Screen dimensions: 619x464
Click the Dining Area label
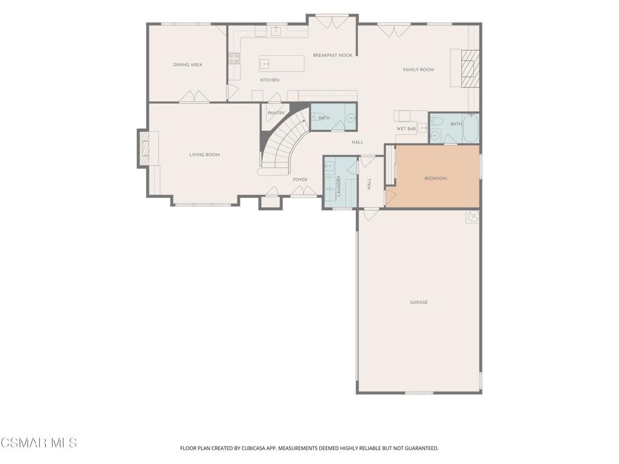coord(187,65)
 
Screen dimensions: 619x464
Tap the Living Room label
coord(204,155)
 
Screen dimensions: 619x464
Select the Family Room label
coord(418,69)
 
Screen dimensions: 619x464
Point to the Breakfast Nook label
coord(333,55)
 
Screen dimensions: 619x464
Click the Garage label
coord(419,302)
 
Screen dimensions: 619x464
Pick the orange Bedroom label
coord(436,178)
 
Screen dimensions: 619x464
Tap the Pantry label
coord(276,113)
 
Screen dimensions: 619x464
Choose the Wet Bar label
coord(406,129)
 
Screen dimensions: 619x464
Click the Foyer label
coord(300,179)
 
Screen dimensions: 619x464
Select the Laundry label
coord(339,186)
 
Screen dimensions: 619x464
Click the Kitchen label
coord(270,80)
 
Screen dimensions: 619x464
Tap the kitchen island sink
coord(265,63)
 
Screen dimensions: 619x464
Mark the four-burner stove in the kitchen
coord(234,59)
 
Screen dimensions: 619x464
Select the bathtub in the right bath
coord(470,128)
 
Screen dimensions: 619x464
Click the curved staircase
coord(284,142)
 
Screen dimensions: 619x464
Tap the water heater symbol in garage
coord(473,216)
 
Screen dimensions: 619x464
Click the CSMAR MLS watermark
coord(39,443)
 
